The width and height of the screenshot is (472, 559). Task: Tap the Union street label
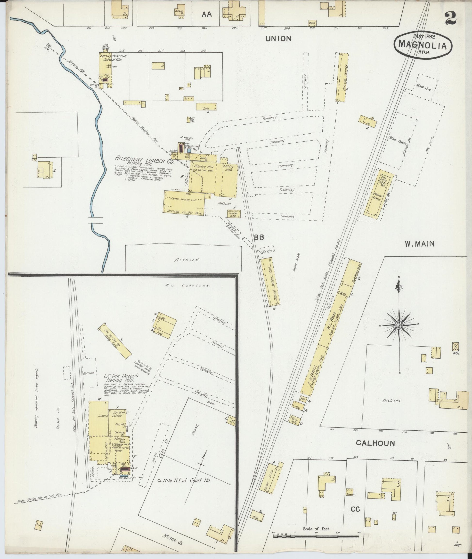[278, 39]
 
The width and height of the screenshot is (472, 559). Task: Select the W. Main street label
[419, 244]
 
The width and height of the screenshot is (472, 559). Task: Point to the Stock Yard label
[423, 87]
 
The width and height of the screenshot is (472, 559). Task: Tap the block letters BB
[259, 237]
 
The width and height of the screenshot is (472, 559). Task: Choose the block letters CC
[356, 509]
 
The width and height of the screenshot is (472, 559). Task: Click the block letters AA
[207, 15]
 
